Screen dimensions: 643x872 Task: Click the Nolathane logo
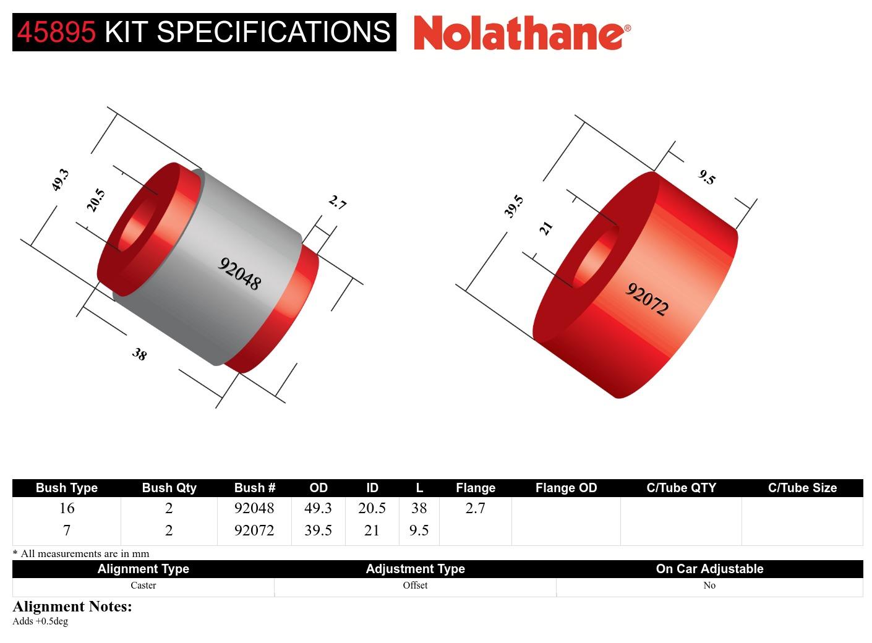(x=522, y=33)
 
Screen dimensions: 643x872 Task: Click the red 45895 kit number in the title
(x=56, y=32)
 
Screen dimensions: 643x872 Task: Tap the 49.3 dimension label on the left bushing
(x=60, y=180)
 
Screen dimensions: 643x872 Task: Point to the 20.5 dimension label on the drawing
(x=96, y=200)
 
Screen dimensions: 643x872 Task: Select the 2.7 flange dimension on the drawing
(x=337, y=202)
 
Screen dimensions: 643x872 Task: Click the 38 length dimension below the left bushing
(x=139, y=354)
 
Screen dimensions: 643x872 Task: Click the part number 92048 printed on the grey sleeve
(x=239, y=274)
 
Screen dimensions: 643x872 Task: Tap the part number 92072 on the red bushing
(x=647, y=299)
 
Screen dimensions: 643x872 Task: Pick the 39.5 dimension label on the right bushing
(x=514, y=207)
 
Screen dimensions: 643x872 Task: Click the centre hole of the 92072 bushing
(x=595, y=260)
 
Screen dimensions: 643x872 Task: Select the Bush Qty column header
(x=169, y=488)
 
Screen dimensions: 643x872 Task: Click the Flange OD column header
(x=566, y=488)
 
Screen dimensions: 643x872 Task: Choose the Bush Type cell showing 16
(x=67, y=508)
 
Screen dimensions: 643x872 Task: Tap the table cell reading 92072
(x=254, y=530)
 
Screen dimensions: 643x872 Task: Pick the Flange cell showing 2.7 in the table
(x=475, y=508)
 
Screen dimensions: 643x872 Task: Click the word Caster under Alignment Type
(x=143, y=586)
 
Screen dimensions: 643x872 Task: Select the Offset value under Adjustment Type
(x=415, y=586)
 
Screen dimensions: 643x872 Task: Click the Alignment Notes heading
(x=72, y=607)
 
